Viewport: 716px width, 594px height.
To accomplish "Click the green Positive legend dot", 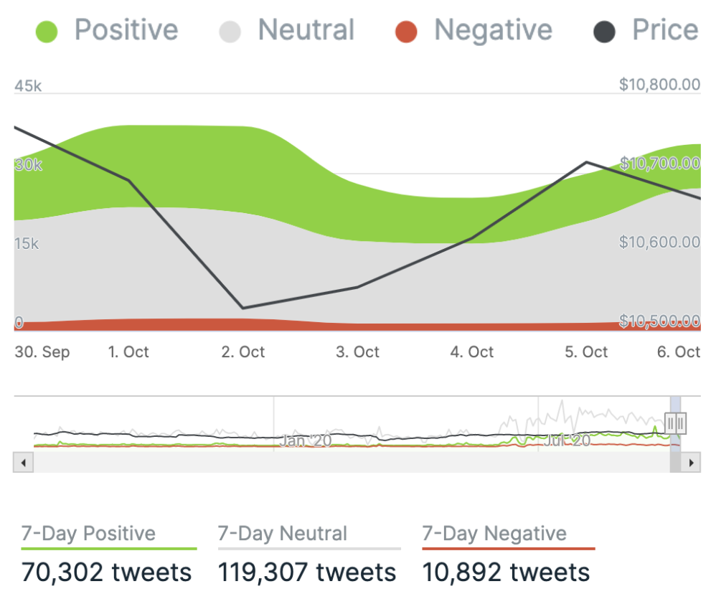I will pos(47,32).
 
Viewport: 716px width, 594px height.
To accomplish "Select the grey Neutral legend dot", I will pos(230,32).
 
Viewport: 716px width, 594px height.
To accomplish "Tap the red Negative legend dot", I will pos(406,32).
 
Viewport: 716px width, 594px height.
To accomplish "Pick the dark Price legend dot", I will pos(604,32).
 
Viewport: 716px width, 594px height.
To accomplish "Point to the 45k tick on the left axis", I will pos(28,86).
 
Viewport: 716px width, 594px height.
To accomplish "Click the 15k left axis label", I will pos(27,244).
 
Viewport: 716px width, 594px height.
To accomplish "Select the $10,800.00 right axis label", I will pos(659,85).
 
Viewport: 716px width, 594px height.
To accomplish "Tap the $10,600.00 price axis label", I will pos(659,242).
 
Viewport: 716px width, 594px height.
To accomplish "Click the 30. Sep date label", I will pos(42,352).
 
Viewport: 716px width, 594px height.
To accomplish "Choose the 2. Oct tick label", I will pos(243,352).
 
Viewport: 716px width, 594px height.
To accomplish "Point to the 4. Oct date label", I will pos(472,352).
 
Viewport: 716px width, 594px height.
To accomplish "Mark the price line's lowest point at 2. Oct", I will pos(243,308).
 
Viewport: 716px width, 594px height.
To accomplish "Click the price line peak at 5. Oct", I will pos(587,162).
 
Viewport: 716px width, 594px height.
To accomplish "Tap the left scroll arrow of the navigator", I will pos(22,463).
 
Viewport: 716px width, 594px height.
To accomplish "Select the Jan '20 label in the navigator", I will pos(306,440).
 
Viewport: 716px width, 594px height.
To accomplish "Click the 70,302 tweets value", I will pos(107,572).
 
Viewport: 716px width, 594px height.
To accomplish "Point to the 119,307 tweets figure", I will pos(307,572).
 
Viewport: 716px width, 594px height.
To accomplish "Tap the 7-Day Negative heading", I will pos(494,534).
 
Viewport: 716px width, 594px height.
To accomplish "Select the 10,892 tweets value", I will pos(507,572).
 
